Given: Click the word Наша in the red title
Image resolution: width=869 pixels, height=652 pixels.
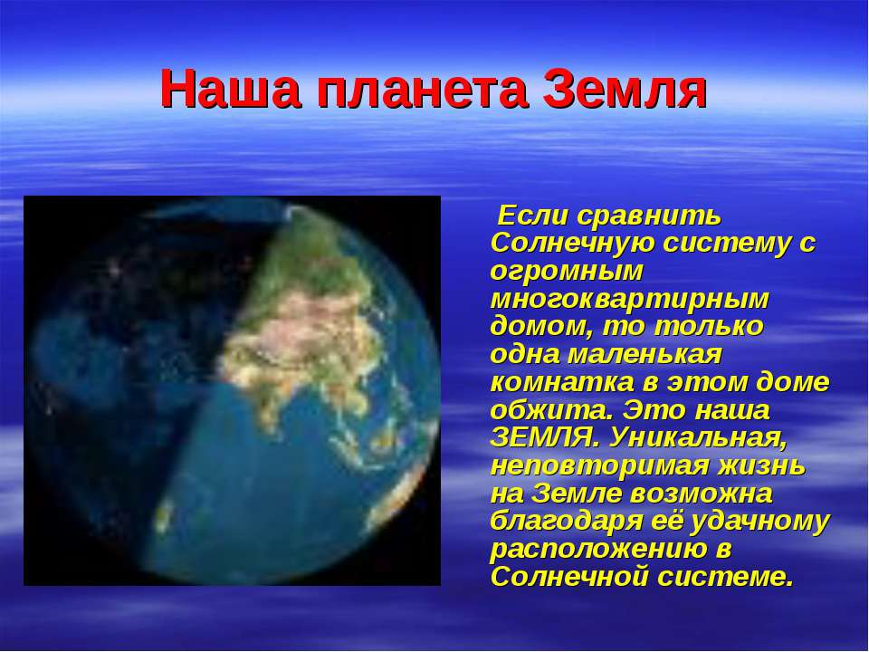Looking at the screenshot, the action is [x=231, y=90].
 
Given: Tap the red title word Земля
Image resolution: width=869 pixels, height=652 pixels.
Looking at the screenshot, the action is [x=625, y=90].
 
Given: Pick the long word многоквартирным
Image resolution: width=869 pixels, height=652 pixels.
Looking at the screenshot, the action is [x=630, y=301].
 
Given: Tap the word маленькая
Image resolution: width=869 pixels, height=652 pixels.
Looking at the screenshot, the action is [x=645, y=354].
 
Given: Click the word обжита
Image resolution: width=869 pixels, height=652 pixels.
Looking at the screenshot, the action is [x=552, y=409].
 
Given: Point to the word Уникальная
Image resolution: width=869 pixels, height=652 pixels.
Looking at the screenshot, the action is [x=698, y=438].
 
